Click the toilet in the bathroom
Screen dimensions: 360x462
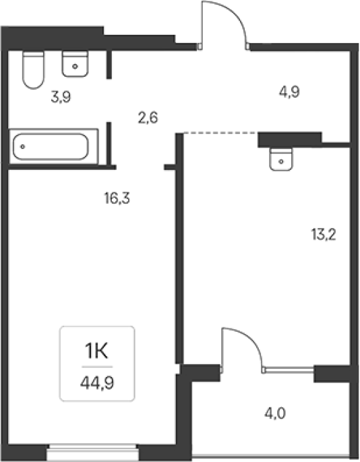pyautogui.click(x=34, y=70)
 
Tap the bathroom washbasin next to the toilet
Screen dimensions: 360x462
pyautogui.click(x=75, y=64)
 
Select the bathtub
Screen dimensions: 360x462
pyautogui.click(x=51, y=146)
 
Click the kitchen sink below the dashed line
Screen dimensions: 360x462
pyautogui.click(x=281, y=159)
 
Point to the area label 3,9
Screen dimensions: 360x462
pyautogui.click(x=61, y=96)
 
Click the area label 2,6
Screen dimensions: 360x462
pyautogui.click(x=148, y=117)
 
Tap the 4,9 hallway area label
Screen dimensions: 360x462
pyautogui.click(x=290, y=92)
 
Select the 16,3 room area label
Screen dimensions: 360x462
pyautogui.click(x=117, y=198)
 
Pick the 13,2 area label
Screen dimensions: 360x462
pyautogui.click(x=324, y=235)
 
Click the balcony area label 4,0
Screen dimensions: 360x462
pyautogui.click(x=275, y=413)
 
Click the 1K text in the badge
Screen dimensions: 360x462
pyautogui.click(x=96, y=351)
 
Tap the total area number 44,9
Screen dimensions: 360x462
pyautogui.click(x=97, y=383)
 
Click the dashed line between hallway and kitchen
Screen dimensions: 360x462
pyautogui.click(x=220, y=133)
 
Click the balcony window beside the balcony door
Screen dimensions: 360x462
pyautogui.click(x=289, y=370)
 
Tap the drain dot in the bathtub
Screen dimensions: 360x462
pyautogui.click(x=22, y=146)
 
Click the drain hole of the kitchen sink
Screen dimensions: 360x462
pyautogui.click(x=281, y=161)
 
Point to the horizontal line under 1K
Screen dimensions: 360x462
pyautogui.click(x=97, y=367)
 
